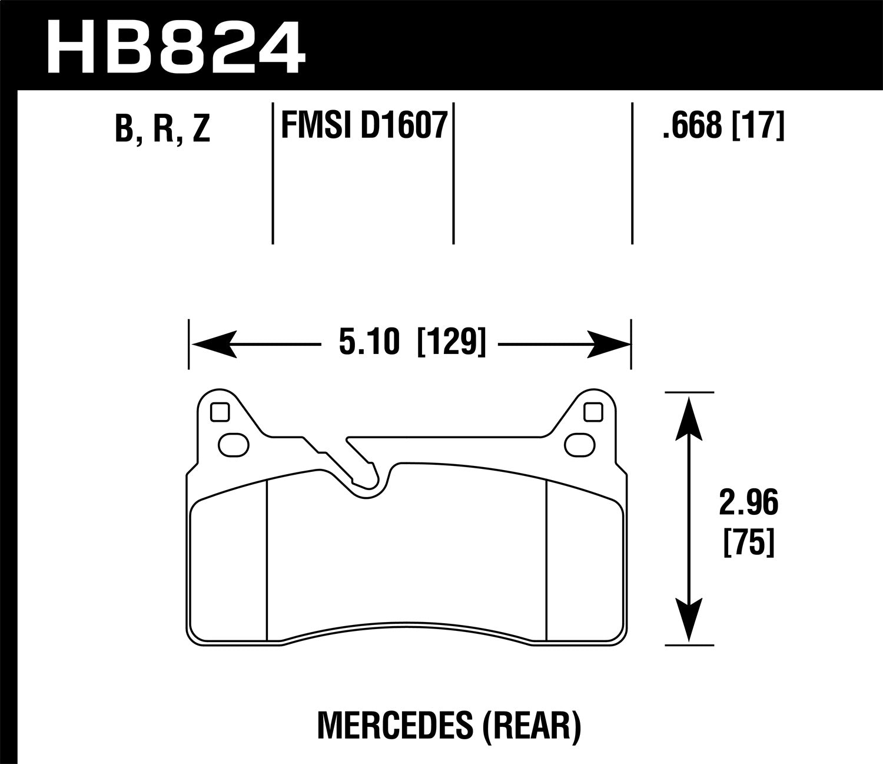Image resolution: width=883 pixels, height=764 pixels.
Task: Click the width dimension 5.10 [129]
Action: pos(412,343)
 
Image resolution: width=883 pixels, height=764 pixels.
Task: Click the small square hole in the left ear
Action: pos(219,413)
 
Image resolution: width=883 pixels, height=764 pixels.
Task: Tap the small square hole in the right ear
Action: pos(593,413)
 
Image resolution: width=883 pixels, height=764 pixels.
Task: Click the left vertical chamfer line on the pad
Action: pos(267,560)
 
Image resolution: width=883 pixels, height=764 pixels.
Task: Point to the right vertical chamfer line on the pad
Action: pos(547,560)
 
